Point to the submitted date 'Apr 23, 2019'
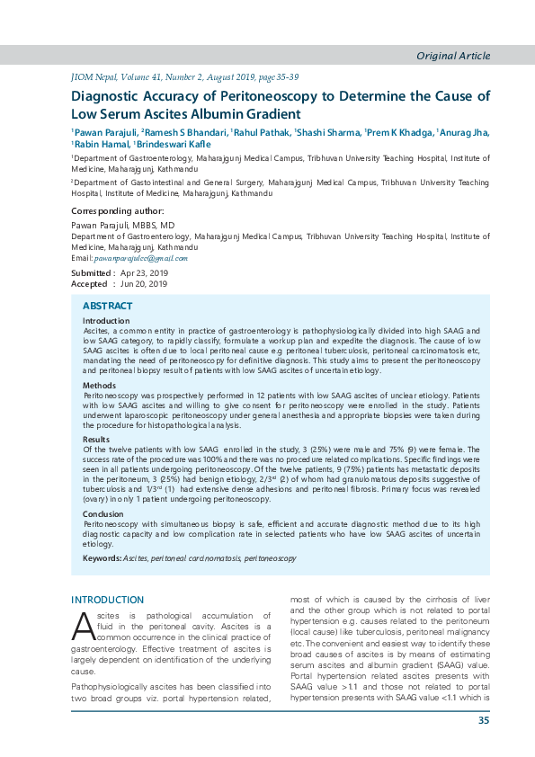(145, 272)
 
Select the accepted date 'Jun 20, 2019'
(144, 284)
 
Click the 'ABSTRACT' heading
(108, 307)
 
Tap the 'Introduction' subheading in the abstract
(106, 321)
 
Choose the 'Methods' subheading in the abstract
(100, 384)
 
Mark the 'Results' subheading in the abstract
(97, 440)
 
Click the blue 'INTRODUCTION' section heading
(107, 601)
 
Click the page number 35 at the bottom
(484, 720)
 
